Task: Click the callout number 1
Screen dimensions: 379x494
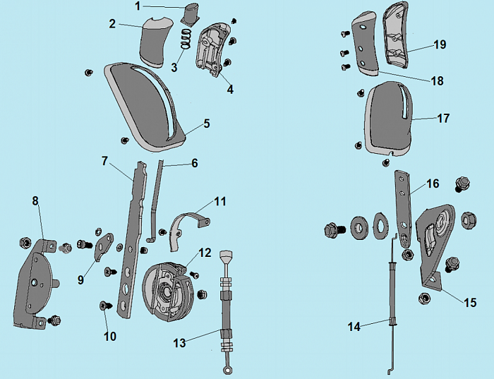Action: click(138, 6)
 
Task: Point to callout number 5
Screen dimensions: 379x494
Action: click(207, 124)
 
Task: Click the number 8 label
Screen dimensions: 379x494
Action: click(35, 201)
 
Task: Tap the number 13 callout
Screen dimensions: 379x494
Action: click(181, 342)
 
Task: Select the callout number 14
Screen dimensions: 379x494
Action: click(354, 326)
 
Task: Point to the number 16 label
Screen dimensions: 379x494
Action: click(433, 184)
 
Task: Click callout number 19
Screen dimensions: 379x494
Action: click(440, 44)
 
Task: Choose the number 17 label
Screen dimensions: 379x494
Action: click(443, 119)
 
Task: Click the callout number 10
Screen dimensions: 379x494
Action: click(110, 337)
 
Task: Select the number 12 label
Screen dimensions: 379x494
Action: click(205, 252)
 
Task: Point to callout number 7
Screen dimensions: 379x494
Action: click(104, 162)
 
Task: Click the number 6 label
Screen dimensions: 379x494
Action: click(194, 163)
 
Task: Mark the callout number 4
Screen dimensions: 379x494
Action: click(230, 89)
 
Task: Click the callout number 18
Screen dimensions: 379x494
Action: click(438, 81)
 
